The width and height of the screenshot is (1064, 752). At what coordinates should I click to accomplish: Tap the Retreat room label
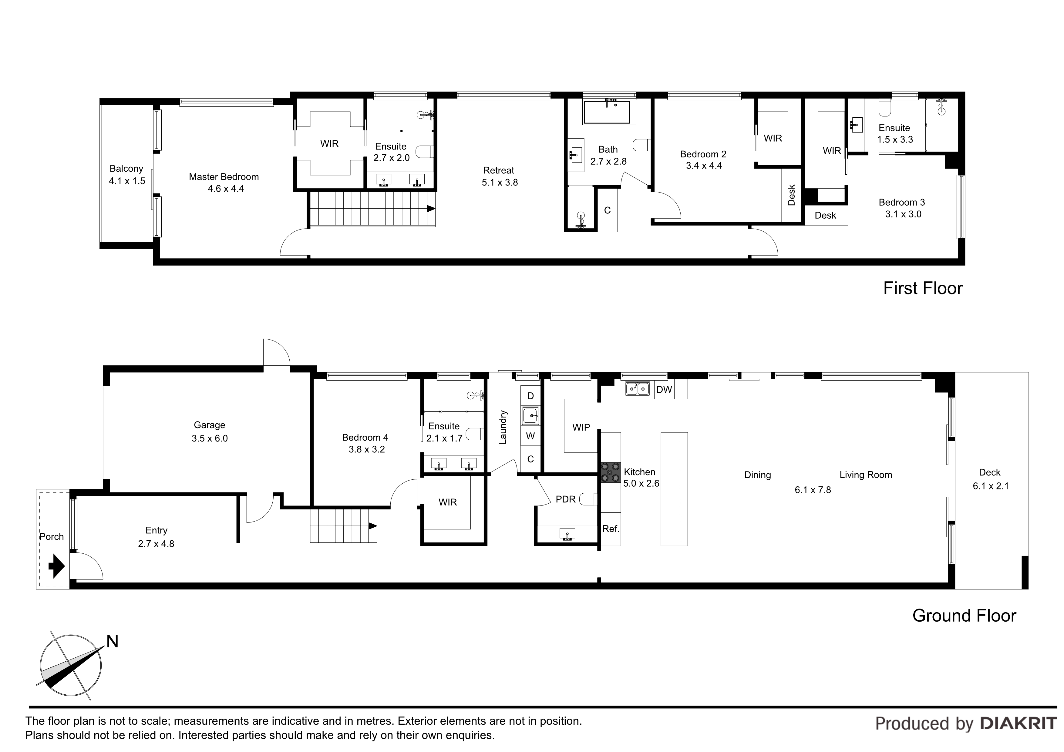click(499, 170)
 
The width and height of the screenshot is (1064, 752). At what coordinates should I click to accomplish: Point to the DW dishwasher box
click(664, 389)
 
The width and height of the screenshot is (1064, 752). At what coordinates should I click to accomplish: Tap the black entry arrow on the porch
click(56, 566)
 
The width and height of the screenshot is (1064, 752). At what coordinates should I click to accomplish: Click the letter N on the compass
click(113, 641)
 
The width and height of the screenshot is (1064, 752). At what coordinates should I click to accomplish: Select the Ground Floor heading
click(965, 615)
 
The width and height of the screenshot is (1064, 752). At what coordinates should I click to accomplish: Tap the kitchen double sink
click(638, 389)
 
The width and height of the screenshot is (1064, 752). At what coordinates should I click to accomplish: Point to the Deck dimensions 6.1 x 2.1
click(991, 486)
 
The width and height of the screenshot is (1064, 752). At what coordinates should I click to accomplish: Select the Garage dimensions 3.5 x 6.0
click(210, 438)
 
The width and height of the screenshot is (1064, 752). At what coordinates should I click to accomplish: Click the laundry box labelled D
click(530, 396)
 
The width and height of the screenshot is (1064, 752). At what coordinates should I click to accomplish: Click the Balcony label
click(126, 169)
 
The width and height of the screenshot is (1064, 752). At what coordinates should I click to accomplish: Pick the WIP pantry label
click(581, 427)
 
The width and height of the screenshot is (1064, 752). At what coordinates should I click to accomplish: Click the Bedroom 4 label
click(365, 437)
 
